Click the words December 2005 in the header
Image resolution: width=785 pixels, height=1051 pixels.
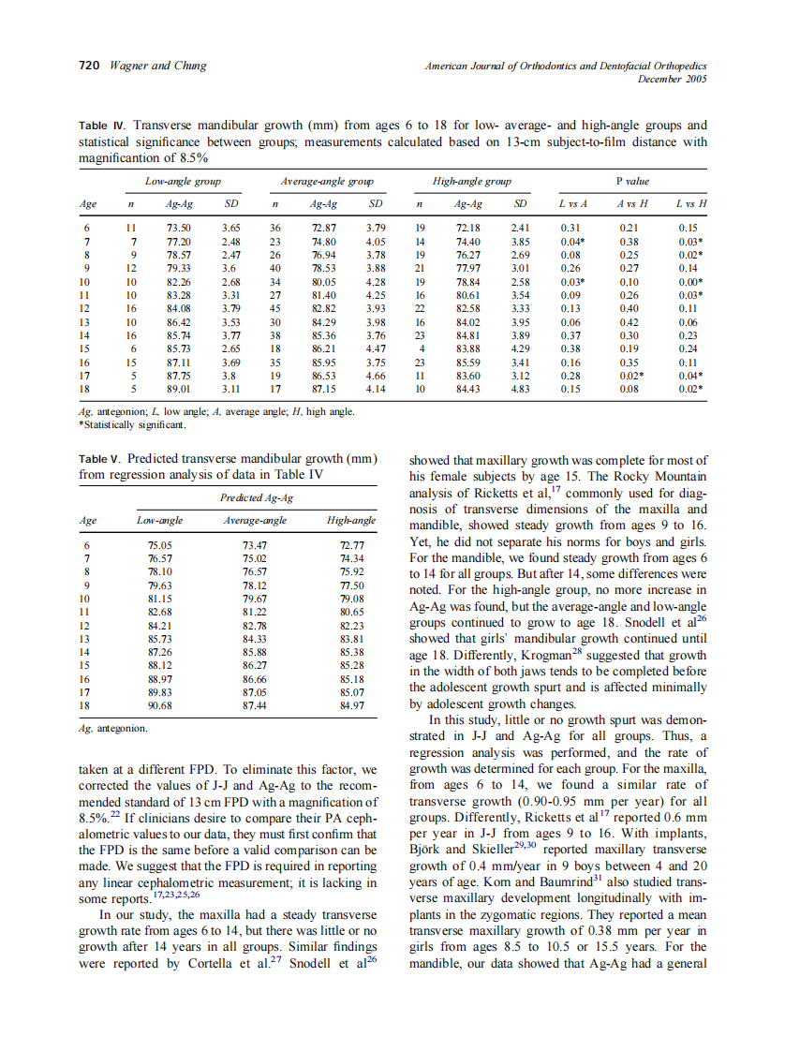[x=672, y=79]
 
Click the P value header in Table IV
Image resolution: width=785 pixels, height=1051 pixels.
[x=631, y=181]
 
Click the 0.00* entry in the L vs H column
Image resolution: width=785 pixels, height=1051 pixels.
[x=690, y=280]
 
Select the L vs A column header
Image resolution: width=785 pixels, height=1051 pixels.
[x=572, y=202]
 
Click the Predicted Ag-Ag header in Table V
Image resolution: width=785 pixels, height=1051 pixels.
[x=256, y=499]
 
